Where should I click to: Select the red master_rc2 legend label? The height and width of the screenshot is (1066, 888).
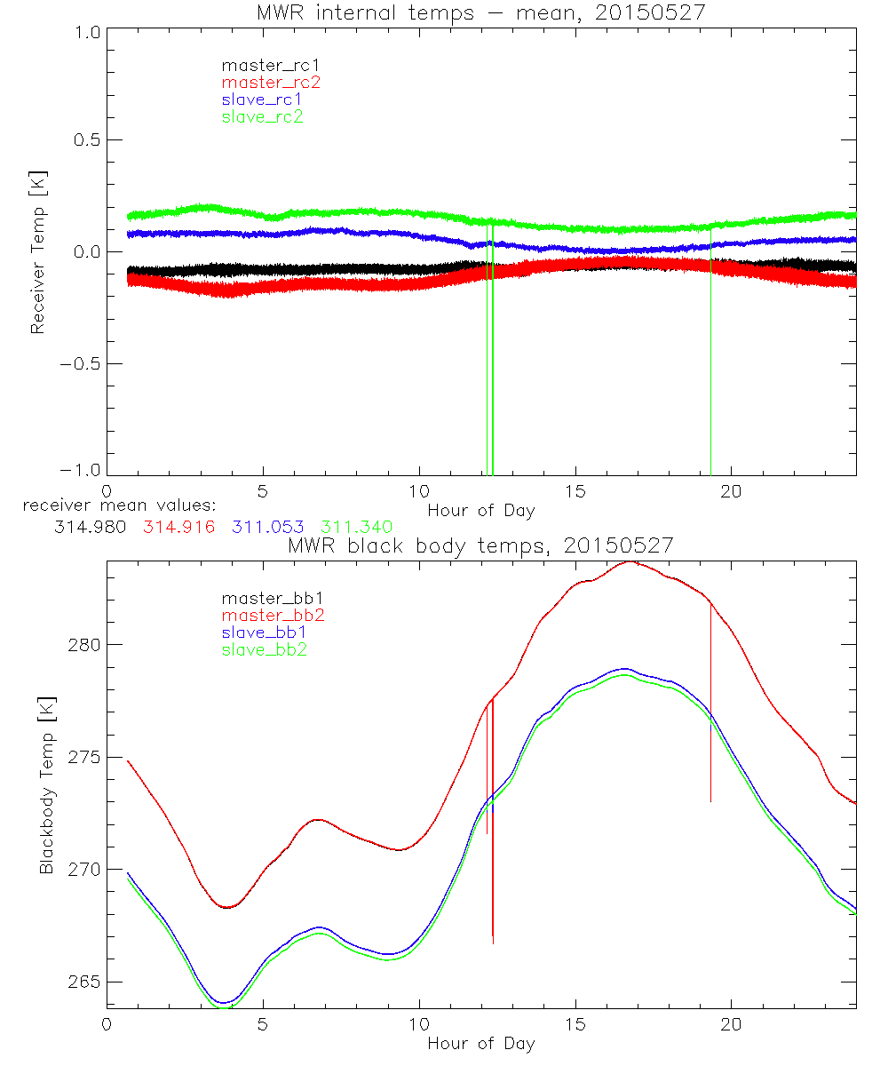271,82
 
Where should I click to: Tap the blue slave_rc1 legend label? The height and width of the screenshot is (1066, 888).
262,99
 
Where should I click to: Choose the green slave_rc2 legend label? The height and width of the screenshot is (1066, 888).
262,116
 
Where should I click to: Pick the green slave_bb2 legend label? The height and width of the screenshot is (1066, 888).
266,650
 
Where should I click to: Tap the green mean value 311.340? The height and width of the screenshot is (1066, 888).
355,527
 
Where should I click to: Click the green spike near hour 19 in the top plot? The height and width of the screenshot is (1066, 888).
711,355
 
